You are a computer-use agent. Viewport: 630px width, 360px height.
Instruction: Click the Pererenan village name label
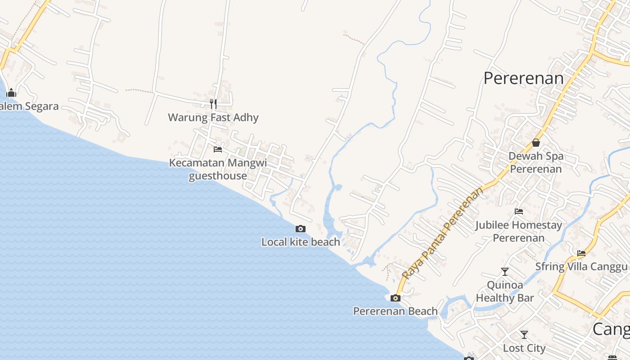(523, 78)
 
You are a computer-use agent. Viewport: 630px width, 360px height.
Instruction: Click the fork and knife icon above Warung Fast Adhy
(213, 104)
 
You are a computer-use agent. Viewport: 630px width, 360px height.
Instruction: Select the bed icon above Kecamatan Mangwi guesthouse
(218, 149)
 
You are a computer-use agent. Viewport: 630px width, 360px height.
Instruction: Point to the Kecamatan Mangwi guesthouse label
(218, 169)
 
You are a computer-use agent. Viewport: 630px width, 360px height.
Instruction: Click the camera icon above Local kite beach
(301, 229)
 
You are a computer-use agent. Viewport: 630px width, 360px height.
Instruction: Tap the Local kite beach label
(301, 242)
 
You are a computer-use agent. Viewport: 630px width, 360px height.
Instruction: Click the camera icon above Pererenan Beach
(396, 298)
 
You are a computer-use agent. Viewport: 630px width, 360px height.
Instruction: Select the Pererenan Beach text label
(396, 311)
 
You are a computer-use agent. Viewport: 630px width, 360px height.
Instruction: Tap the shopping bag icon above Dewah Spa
(536, 143)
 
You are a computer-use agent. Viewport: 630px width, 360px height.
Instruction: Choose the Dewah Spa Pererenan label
(536, 162)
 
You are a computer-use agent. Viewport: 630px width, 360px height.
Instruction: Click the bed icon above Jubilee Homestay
(519, 211)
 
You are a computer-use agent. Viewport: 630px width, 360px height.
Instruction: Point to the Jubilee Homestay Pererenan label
(519, 231)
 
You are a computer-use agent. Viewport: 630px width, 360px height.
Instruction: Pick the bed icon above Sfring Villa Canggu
(581, 253)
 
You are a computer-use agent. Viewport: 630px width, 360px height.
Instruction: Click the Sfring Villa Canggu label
(581, 266)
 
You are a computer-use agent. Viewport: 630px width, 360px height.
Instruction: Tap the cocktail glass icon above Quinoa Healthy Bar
(505, 272)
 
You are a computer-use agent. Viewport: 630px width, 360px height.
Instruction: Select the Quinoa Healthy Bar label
(505, 291)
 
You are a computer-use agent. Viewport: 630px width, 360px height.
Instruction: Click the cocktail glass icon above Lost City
(524, 335)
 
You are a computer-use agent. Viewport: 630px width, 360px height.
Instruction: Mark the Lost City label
(524, 348)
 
